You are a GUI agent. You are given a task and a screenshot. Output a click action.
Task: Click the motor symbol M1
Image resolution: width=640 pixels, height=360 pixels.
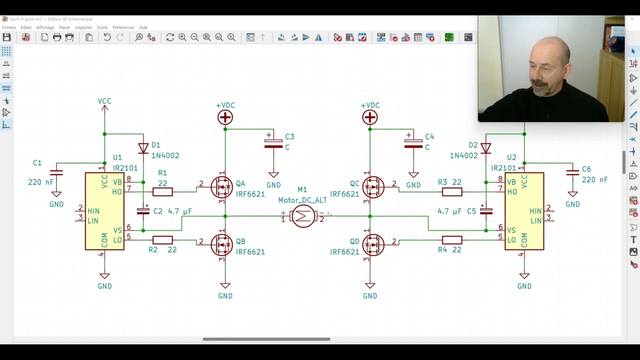pyautogui.click(x=303, y=216)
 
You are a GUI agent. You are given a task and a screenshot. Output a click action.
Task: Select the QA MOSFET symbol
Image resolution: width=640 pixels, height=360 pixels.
pyautogui.click(x=221, y=187)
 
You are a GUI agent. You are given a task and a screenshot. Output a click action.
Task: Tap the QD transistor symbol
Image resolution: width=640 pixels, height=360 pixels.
pyautogui.click(x=373, y=245)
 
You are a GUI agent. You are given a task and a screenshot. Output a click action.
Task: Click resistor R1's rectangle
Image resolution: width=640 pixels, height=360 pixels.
pyautogui.click(x=162, y=191)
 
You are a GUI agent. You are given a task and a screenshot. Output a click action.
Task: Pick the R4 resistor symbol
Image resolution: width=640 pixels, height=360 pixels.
pyautogui.click(x=452, y=240)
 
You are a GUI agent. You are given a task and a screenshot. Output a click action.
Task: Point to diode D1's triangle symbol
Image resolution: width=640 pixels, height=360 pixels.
pyautogui.click(x=143, y=148)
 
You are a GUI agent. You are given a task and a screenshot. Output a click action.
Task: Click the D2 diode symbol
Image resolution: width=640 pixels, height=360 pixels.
pyautogui.click(x=485, y=148)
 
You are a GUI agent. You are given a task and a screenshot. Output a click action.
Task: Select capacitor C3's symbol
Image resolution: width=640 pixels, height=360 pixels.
pyautogui.click(x=273, y=141)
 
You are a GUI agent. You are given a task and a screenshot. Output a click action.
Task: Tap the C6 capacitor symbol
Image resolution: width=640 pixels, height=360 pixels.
pyautogui.click(x=572, y=172)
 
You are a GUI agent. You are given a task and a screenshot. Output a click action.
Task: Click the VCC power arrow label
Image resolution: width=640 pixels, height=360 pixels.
pyautogui.click(x=104, y=101)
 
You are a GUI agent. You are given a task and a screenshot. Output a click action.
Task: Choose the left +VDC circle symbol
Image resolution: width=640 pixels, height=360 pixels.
pyautogui.click(x=225, y=117)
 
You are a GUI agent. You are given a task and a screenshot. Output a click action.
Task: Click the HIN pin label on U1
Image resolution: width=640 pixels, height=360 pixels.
pyautogui.click(x=93, y=211)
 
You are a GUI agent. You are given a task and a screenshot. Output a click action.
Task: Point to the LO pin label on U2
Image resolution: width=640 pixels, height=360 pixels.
pyautogui.click(x=511, y=240)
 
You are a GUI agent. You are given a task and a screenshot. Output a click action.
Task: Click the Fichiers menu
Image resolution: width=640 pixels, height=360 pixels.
pyautogui.click(x=9, y=27)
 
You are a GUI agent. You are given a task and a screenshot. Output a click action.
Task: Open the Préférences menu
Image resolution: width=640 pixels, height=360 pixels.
pyautogui.click(x=123, y=27)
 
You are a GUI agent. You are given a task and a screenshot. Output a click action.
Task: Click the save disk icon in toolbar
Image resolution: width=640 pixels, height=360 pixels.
pyautogui.click(x=7, y=37)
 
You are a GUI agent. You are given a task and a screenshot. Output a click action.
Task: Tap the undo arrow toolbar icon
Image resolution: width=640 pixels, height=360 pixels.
pyautogui.click(x=107, y=37)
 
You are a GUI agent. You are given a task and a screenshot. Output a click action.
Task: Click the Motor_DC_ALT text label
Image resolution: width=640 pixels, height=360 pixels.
pyautogui.click(x=302, y=200)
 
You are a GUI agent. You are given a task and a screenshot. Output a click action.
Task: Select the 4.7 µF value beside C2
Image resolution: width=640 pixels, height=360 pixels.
pyautogui.click(x=179, y=211)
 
